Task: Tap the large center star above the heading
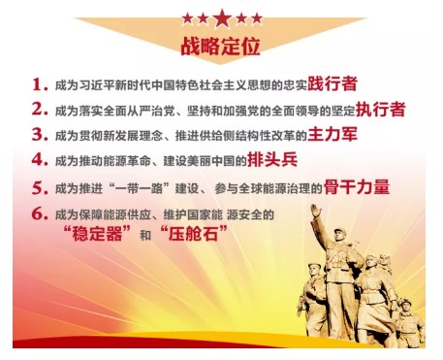coord(221,17)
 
